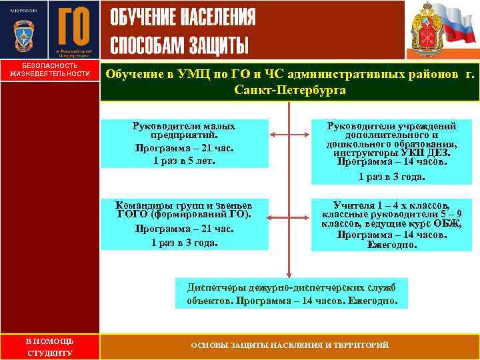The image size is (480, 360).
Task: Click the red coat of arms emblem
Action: pos(425,31)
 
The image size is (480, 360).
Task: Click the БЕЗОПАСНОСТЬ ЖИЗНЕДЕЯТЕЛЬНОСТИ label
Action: pos(49,69)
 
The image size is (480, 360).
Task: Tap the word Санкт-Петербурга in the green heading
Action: pos(289,89)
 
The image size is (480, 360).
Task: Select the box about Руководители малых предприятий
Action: pos(184,143)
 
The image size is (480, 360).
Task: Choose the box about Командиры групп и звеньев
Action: pos(184,223)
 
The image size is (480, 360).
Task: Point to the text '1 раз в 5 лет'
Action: pos(184,161)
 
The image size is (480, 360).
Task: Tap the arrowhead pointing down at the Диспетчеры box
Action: pos(289,273)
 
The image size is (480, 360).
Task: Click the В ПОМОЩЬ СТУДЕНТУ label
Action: pos(49,347)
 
